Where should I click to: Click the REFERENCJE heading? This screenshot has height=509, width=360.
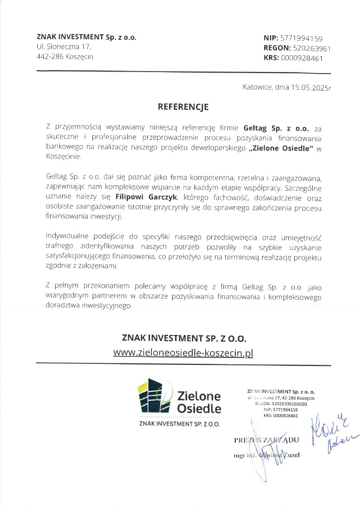click(x=180, y=106)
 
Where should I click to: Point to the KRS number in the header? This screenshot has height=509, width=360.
click(x=302, y=58)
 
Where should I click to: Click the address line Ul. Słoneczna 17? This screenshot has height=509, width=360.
click(x=64, y=47)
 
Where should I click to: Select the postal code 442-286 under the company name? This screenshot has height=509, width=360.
click(x=51, y=57)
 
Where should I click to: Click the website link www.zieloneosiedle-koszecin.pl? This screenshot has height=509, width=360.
click(x=183, y=352)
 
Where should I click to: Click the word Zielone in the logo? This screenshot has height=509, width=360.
click(x=199, y=396)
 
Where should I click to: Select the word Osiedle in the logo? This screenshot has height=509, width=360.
click(x=199, y=409)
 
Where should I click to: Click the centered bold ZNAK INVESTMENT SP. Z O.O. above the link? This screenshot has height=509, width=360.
click(x=183, y=338)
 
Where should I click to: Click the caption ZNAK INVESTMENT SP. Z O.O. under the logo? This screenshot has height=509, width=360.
click(x=180, y=424)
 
